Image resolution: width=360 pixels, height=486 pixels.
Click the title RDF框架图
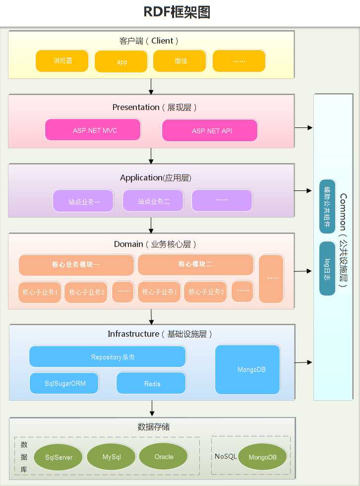point(177,12)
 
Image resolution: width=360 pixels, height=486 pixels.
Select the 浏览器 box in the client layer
point(62,61)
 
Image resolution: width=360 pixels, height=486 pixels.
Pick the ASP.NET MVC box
point(93,130)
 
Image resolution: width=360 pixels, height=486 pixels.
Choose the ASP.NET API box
point(210,130)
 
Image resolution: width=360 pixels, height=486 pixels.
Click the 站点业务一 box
point(83,201)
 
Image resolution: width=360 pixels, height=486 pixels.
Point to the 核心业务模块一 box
point(76,265)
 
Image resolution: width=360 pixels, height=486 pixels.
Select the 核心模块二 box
point(195,264)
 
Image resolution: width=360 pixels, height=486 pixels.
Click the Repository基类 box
point(107,357)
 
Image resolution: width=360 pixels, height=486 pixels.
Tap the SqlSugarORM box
point(64,383)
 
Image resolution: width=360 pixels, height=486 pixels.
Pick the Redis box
point(151,383)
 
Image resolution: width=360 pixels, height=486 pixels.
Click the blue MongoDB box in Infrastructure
point(247,369)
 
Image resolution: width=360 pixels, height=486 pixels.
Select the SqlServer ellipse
point(59,457)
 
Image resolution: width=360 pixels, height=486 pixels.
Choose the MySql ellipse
point(111,456)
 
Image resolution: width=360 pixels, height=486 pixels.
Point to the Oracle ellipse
point(164,456)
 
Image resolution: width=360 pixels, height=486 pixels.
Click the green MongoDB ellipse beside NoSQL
point(262,457)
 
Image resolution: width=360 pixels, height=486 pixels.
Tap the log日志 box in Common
point(327,268)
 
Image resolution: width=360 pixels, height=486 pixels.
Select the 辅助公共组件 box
point(327,206)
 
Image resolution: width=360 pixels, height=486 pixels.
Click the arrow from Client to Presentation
point(151,86)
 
